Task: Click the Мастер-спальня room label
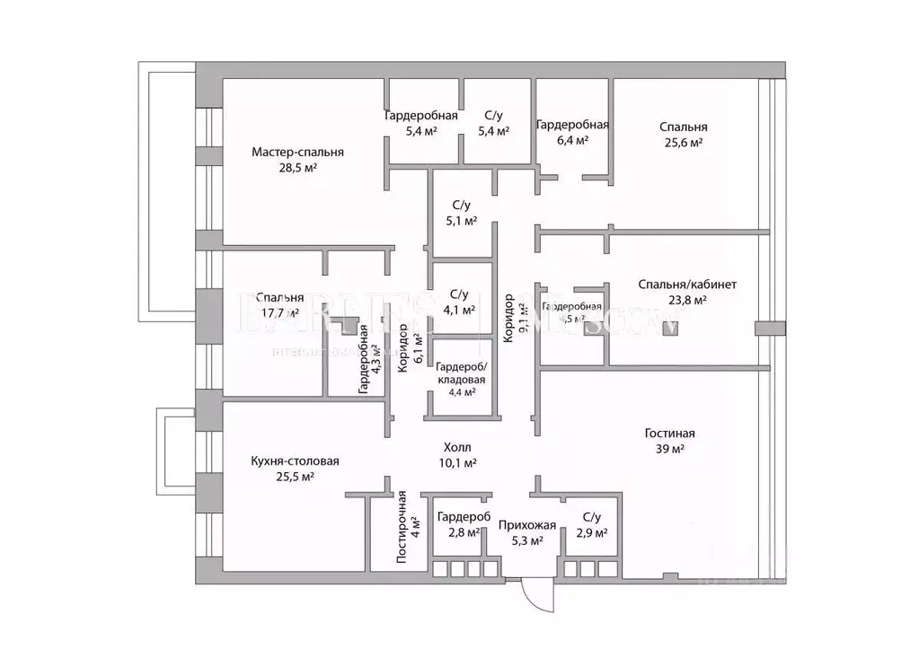[297, 152]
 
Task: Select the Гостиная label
[669, 434]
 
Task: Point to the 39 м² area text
[669, 450]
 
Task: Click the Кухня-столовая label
[295, 461]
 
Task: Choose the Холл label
[456, 447]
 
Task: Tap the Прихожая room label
[527, 525]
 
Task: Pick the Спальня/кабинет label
[687, 285]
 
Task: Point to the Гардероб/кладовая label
[461, 373]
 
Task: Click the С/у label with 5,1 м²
[462, 205]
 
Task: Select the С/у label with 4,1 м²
[458, 294]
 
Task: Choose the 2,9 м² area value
[591, 533]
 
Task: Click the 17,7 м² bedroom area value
[278, 313]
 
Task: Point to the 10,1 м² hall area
[456, 463]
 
